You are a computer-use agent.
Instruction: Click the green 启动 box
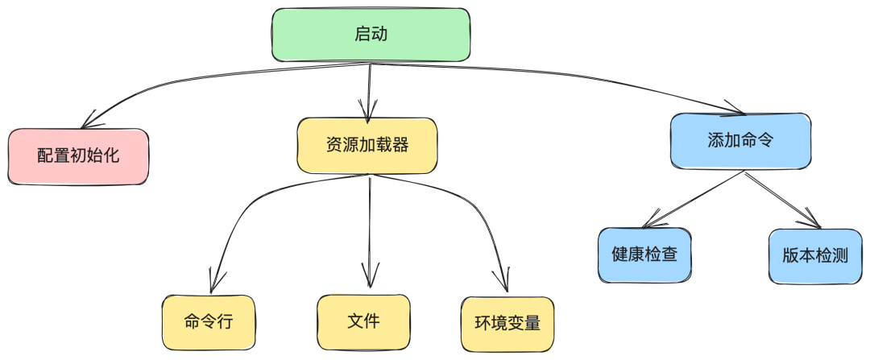point(371,35)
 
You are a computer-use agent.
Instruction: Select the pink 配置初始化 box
point(78,155)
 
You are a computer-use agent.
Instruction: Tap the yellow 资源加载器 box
point(367,146)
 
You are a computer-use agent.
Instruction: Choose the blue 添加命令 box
point(739,141)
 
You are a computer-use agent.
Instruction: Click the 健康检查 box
point(644,255)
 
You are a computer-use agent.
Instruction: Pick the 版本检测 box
point(815,256)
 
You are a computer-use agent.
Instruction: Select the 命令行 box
point(209,321)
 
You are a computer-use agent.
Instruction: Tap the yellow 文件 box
point(363,321)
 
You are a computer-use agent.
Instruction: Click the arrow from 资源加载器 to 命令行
point(242,201)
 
